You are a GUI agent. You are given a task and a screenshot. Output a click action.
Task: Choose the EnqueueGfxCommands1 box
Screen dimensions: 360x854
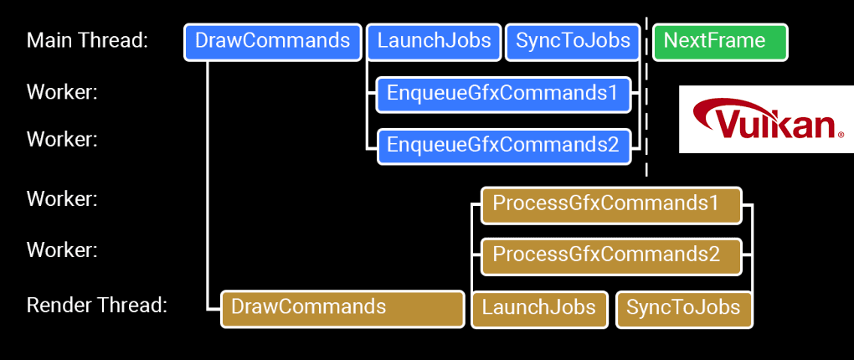coord(502,94)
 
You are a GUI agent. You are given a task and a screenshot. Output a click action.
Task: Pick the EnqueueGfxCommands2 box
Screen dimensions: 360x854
coord(502,146)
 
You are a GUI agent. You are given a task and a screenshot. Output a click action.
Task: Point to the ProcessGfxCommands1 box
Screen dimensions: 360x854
coord(611,204)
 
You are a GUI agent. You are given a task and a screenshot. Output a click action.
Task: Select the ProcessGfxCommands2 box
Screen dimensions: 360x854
coord(611,255)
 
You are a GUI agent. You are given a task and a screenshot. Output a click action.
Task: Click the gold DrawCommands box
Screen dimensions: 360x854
coord(342,308)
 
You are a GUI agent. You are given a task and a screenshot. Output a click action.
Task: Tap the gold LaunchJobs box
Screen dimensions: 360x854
coord(539,308)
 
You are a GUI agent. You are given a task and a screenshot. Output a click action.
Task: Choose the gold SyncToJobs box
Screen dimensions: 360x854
coord(683,308)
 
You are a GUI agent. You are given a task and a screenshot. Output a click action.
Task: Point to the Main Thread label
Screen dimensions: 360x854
coord(87,41)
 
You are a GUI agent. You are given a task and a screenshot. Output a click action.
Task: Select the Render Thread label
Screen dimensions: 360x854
coord(97,306)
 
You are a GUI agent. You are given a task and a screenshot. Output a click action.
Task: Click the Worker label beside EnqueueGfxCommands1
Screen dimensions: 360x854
coord(62,92)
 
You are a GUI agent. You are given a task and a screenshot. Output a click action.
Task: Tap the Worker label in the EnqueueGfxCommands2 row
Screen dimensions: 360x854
coord(62,139)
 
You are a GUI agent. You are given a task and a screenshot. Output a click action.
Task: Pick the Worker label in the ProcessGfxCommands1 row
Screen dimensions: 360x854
coord(62,199)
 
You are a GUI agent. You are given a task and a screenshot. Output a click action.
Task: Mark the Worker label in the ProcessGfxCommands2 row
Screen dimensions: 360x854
coord(62,249)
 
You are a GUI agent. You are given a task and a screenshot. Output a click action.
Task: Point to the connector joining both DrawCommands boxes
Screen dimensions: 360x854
coord(207,184)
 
